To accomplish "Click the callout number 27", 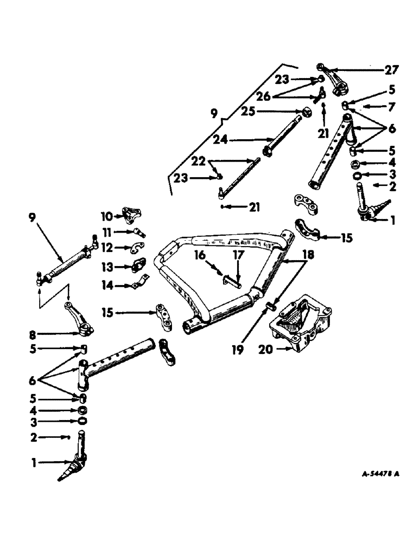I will pos(392,69).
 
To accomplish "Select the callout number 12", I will pos(106,248).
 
